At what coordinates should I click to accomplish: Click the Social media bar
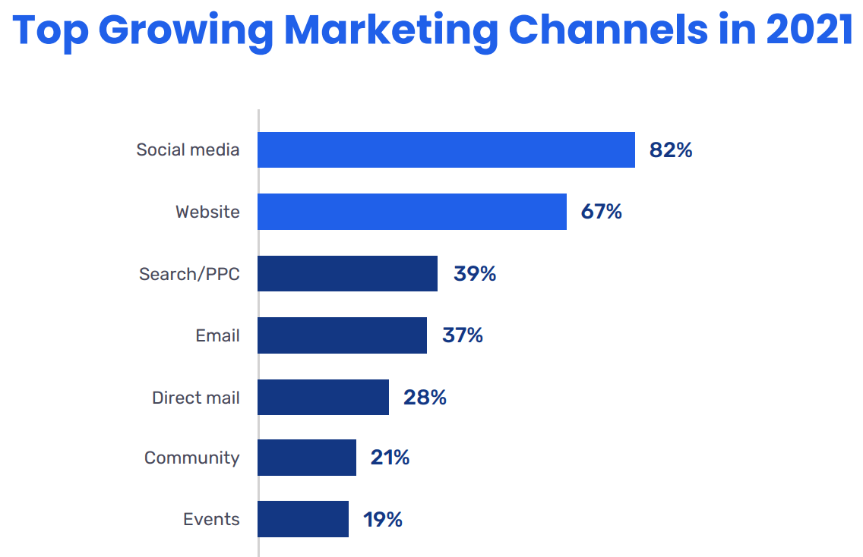pos(446,149)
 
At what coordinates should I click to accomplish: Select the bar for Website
pos(412,212)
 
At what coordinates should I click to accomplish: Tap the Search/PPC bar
pos(347,273)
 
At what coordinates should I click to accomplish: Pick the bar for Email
pos(342,335)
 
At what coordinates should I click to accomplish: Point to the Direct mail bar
pos(323,397)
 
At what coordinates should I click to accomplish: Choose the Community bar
pos(307,458)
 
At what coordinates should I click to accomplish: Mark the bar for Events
pos(303,519)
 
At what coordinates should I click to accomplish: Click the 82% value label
pos(671,150)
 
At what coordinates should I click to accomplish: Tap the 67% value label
pos(602,212)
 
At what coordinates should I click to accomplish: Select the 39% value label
pos(475,274)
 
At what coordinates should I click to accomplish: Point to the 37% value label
pos(463,335)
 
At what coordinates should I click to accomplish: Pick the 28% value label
pos(425,397)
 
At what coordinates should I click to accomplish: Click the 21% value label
pos(390,458)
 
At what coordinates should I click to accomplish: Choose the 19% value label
pos(383,520)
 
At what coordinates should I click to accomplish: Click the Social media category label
pos(188,149)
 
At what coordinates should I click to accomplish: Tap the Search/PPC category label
pos(189,274)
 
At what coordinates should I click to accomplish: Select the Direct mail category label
pos(195,398)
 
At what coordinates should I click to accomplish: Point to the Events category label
pos(211,520)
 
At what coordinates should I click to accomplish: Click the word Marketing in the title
pos(390,30)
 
